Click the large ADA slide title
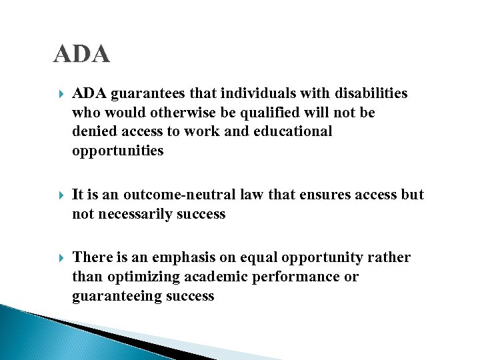coord(81,54)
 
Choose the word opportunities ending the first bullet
coord(117,151)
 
